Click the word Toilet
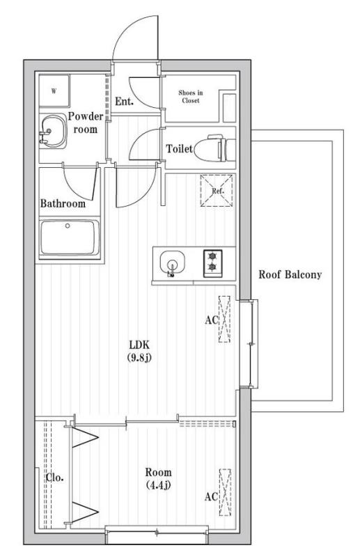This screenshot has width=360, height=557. click(179, 149)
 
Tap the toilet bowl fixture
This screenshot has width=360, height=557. click(212, 149)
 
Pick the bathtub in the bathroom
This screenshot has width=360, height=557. click(69, 237)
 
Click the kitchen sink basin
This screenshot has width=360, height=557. click(171, 264)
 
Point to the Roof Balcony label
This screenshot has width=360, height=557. click(290, 274)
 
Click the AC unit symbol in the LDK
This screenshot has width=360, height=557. click(224, 319)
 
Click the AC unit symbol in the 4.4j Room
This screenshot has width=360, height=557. click(224, 492)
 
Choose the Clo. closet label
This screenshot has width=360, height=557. click(55, 478)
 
